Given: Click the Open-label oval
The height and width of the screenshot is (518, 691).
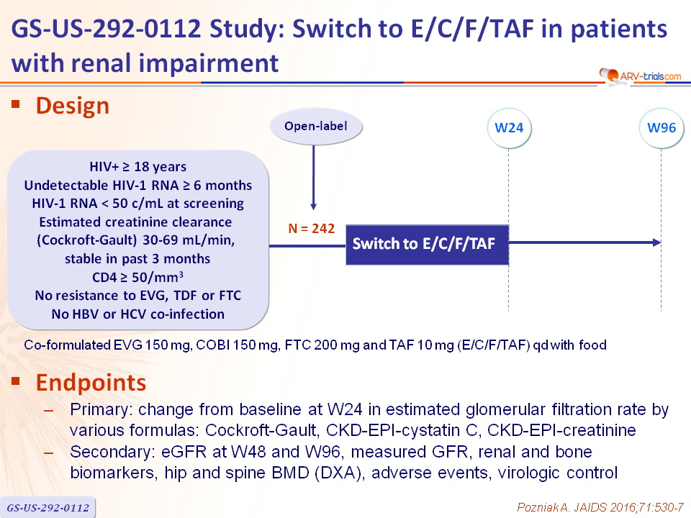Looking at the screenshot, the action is (x=316, y=127).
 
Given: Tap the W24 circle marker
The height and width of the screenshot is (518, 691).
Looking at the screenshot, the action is (x=509, y=128).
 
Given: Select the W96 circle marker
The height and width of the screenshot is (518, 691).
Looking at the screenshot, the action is (x=661, y=128).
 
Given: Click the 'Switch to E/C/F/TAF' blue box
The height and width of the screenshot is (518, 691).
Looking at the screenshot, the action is (x=427, y=245).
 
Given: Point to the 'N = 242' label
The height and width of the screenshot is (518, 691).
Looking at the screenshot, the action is (x=311, y=229).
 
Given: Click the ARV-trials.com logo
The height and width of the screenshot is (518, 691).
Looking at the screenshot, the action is (x=641, y=76).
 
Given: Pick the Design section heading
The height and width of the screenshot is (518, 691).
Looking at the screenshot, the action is (x=72, y=106).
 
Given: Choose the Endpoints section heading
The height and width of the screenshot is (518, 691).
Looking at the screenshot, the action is (x=91, y=382).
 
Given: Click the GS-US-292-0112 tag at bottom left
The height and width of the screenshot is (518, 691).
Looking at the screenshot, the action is (x=48, y=507).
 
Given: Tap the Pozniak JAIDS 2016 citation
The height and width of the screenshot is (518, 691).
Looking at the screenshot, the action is (x=600, y=507).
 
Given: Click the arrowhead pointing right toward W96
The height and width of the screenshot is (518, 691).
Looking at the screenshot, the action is (x=657, y=242).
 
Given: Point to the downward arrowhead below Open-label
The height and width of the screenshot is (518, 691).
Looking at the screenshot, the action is (x=313, y=206).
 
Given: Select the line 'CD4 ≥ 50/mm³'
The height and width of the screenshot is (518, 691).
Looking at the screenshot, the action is (x=137, y=277).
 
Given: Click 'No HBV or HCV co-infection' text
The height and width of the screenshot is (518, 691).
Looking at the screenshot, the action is (x=138, y=314).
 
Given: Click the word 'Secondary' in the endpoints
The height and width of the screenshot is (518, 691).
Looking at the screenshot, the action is (x=112, y=452).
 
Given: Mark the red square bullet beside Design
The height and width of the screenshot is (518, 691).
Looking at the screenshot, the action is (x=16, y=104).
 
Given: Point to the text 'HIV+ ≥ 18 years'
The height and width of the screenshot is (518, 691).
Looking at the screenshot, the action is (x=138, y=167).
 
